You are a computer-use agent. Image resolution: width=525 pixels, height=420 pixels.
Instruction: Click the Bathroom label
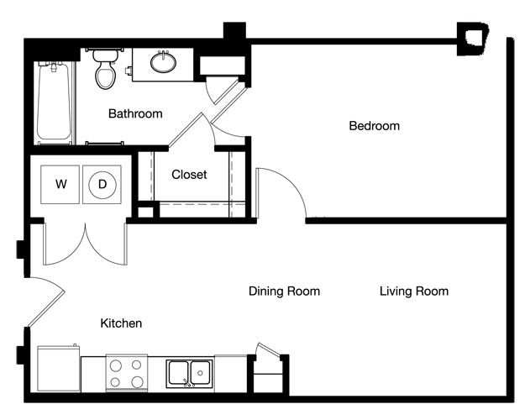(x=135, y=114)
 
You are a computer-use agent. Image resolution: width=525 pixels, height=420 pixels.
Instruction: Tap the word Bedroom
(x=374, y=126)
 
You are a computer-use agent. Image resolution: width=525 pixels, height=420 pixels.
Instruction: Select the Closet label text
(x=189, y=175)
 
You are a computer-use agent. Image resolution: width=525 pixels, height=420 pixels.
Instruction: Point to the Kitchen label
(x=121, y=323)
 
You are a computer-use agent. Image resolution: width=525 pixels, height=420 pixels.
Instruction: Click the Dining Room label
(x=284, y=291)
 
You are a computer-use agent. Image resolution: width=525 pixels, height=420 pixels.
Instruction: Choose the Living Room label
(x=414, y=291)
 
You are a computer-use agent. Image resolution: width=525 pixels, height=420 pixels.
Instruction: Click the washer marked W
(x=60, y=184)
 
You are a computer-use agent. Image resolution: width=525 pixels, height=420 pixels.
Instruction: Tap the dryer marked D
(x=102, y=184)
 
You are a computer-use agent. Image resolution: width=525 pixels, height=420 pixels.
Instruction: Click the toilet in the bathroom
(x=106, y=70)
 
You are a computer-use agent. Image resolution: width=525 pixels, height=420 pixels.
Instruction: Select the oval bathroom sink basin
(x=163, y=63)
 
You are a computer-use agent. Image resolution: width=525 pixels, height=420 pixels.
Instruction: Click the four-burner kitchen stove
(x=127, y=374)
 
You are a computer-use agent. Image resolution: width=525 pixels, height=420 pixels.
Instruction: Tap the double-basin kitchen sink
(x=190, y=374)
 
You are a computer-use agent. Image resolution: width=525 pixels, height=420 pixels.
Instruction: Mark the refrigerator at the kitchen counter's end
(x=59, y=369)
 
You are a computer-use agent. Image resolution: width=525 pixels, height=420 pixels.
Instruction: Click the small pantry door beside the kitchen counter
(x=268, y=349)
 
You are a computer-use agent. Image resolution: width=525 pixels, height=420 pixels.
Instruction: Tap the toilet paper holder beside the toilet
(x=129, y=71)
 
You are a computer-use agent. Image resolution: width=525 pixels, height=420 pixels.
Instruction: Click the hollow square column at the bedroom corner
(x=473, y=39)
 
